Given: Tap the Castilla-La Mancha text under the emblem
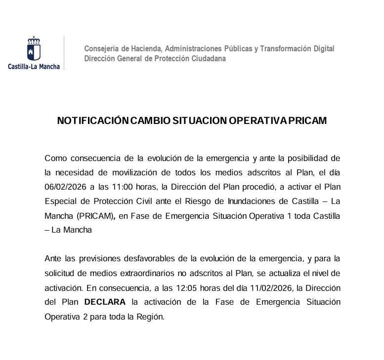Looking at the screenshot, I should pos(34,66).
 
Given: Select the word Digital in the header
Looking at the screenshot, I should pos(322,49).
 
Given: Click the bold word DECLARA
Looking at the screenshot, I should pos(105,302).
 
